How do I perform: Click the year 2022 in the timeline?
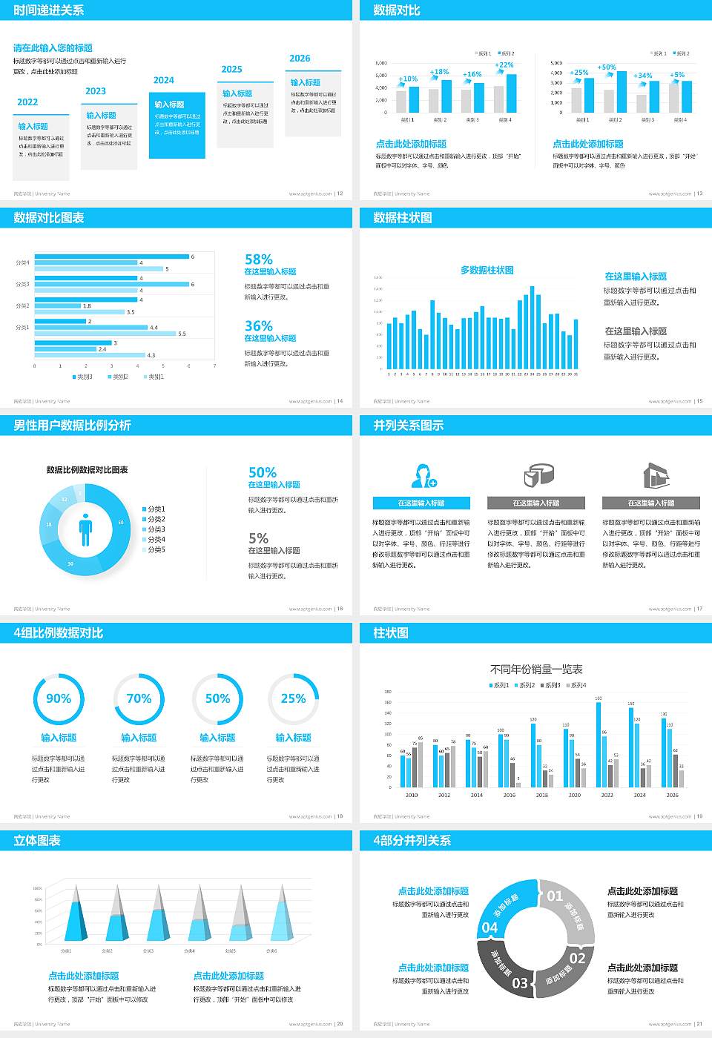click(x=27, y=102)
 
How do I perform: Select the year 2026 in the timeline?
click(x=300, y=59)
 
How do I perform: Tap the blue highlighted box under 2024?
click(x=177, y=126)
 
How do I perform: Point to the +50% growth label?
click(x=607, y=67)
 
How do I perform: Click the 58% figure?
click(x=259, y=259)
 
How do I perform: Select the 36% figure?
click(x=259, y=326)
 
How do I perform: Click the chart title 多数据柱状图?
click(x=487, y=270)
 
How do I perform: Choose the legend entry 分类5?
click(x=156, y=549)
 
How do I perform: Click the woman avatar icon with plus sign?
click(x=423, y=476)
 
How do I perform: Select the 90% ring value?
click(x=59, y=698)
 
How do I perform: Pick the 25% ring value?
click(x=293, y=698)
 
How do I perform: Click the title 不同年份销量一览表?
click(x=536, y=670)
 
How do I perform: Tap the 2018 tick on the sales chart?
click(x=542, y=795)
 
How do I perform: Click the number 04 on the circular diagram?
click(x=490, y=928)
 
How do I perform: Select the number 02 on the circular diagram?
click(x=577, y=958)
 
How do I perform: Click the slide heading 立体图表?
click(x=37, y=841)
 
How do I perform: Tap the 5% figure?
click(x=258, y=538)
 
